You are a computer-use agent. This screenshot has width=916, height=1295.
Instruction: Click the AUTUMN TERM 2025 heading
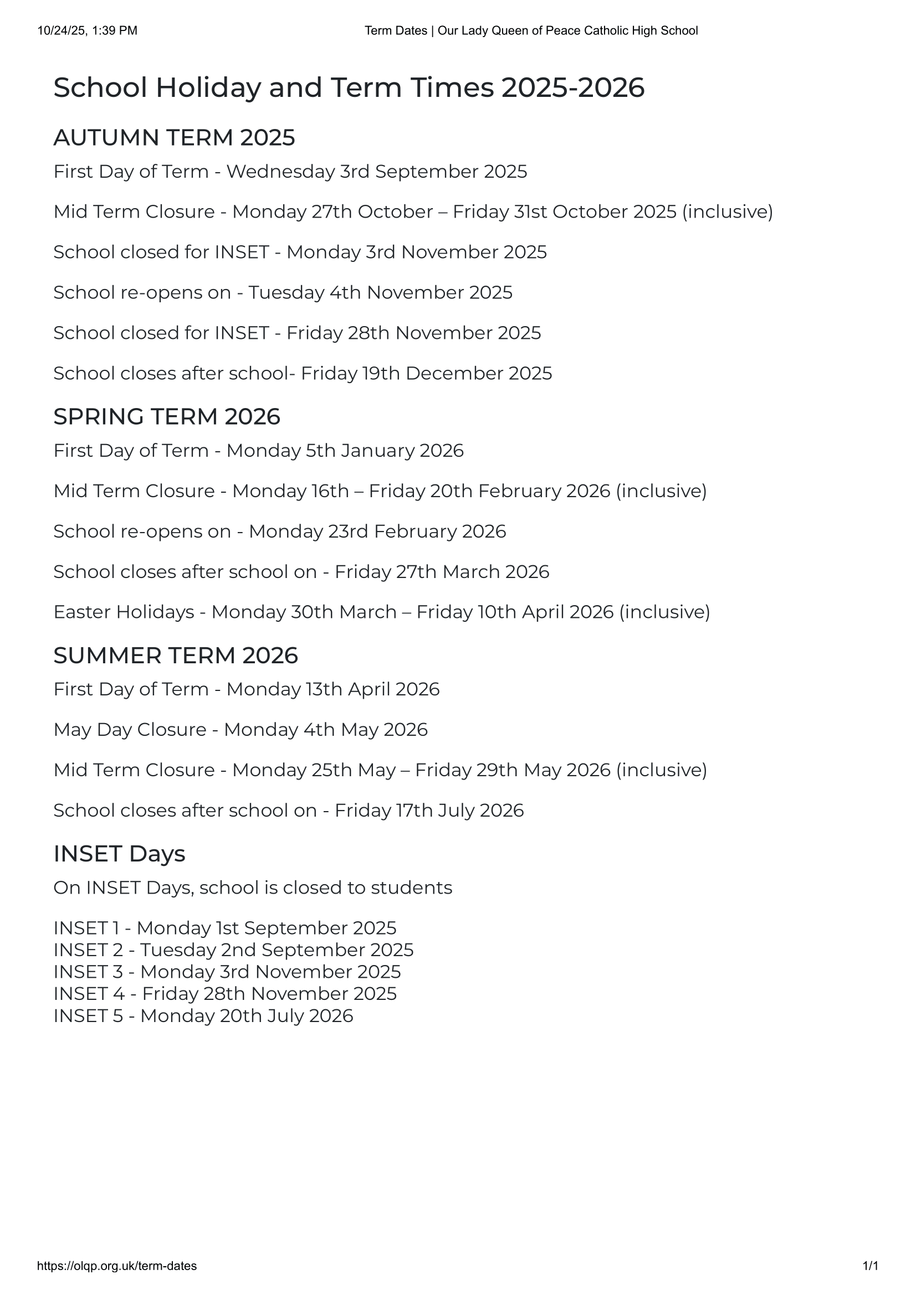[x=174, y=138]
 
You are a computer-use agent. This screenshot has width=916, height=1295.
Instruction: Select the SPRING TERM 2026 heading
[x=166, y=416]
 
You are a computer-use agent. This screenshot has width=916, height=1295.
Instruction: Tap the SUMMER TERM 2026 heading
[x=176, y=656]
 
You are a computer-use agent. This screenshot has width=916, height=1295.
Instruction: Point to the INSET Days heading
[x=119, y=854]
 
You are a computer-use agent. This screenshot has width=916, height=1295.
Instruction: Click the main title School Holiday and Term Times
[x=348, y=88]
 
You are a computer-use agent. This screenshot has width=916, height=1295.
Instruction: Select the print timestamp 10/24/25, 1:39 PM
[x=88, y=30]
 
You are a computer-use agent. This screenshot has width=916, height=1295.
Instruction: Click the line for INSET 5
[x=203, y=1016]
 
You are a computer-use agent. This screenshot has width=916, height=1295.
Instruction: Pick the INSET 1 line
[x=224, y=928]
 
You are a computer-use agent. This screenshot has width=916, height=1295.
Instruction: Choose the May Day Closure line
[x=240, y=729]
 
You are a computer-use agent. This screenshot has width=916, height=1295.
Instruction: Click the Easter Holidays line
[x=381, y=612]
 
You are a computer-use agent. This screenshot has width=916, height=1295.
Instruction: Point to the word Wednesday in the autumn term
[x=280, y=172]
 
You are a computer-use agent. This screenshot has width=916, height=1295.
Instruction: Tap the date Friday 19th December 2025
[x=426, y=373]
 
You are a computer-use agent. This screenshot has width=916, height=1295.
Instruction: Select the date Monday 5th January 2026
[x=345, y=451]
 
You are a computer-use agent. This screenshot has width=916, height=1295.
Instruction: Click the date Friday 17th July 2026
[x=429, y=811]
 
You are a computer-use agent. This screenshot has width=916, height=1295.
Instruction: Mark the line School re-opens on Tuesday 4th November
[x=283, y=293]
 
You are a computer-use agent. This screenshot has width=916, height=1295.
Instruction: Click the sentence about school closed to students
[x=253, y=888]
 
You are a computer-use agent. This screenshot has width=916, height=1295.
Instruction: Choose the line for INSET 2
[x=233, y=950]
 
